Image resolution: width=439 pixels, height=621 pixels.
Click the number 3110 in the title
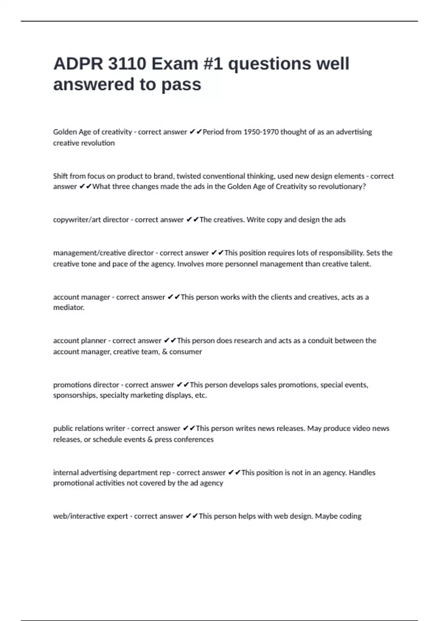pyautogui.click(x=127, y=64)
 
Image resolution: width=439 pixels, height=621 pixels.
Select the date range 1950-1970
pyautogui.click(x=261, y=132)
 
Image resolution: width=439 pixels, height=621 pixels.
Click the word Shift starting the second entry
pyautogui.click(x=60, y=176)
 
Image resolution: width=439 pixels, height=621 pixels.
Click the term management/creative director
pyautogui.click(x=104, y=253)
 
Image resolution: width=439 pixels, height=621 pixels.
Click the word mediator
pyautogui.click(x=69, y=308)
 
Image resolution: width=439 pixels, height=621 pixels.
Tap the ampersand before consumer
pyautogui.click(x=164, y=352)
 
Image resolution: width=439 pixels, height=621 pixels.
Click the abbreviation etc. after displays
pyautogui.click(x=201, y=395)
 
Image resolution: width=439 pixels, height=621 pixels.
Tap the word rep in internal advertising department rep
pyautogui.click(x=165, y=473)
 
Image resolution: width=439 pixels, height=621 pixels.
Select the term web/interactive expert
pyautogui.click(x=90, y=516)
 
